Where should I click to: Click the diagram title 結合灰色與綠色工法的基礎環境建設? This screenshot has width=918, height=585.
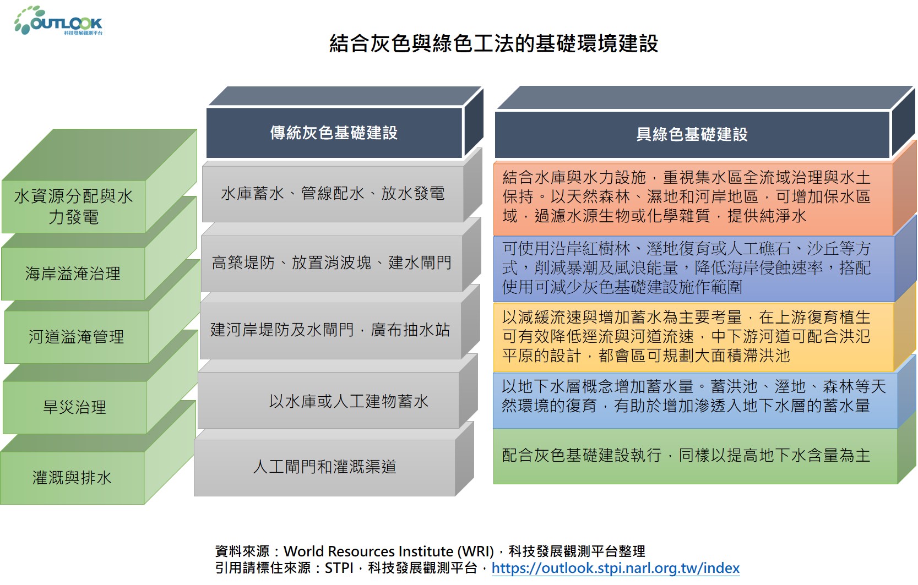(x=493, y=43)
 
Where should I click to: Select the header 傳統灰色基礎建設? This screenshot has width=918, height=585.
(x=334, y=133)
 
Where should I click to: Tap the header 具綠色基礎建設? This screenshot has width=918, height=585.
(x=692, y=134)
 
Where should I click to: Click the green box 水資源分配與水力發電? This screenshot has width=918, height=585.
(x=74, y=206)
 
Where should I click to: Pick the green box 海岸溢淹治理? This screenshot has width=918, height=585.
(x=73, y=274)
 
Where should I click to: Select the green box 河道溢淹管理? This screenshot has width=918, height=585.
(x=76, y=337)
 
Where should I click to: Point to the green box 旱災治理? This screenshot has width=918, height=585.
(x=74, y=407)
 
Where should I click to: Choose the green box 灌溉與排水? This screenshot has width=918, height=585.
(x=72, y=478)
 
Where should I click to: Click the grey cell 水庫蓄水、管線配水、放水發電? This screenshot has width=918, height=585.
(x=333, y=194)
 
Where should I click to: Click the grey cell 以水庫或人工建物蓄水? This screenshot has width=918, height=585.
(x=328, y=400)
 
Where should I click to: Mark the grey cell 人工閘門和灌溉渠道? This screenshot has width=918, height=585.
(x=324, y=467)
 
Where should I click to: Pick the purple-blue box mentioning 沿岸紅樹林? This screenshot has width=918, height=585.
(x=694, y=269)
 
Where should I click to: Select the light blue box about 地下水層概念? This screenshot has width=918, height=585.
(x=695, y=400)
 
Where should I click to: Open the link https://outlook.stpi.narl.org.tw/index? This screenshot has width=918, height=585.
(x=616, y=568)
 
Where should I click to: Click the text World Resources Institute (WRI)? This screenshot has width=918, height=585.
(x=388, y=551)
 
